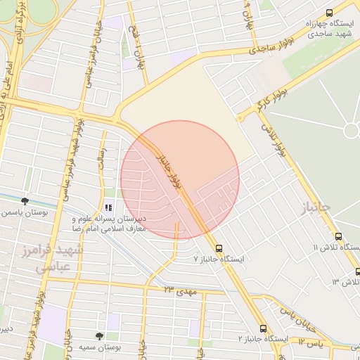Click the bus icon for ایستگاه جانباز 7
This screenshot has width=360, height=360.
pos(219,248)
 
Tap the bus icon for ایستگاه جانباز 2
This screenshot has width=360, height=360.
pos(263,328)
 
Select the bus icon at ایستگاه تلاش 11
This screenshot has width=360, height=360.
pos(339,237)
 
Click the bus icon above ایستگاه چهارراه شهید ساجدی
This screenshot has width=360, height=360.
pos(330,12)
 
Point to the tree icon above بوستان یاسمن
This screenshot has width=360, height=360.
pos(25,201)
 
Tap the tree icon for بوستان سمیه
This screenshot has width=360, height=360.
pos(99,337)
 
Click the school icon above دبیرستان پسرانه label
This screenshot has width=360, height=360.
pos(108,207)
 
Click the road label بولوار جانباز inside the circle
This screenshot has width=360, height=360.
pos(169,168)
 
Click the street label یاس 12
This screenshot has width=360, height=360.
pos(309,342)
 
